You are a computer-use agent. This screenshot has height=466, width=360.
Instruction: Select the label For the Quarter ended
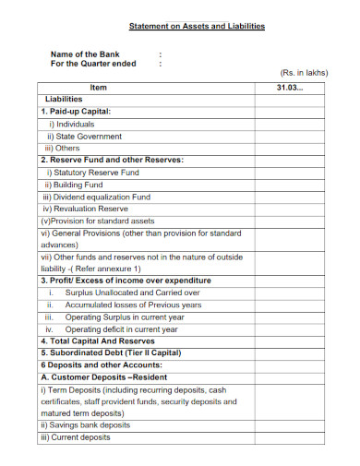[x=92, y=65]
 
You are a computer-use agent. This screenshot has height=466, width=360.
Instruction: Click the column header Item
[x=99, y=87]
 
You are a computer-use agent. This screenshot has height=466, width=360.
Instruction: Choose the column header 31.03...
[x=289, y=87]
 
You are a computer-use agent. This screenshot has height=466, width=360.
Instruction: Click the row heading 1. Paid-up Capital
[x=76, y=111]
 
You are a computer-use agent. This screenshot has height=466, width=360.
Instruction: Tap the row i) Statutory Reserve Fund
[x=93, y=173]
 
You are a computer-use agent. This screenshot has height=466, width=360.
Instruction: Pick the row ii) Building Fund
[x=79, y=185]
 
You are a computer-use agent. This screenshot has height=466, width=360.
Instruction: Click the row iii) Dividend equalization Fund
[x=96, y=197]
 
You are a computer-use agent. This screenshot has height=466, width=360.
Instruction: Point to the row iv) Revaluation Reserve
[x=86, y=209]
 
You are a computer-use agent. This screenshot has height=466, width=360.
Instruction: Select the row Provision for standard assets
[x=98, y=221]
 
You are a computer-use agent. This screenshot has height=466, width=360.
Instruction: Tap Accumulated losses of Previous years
[x=133, y=305]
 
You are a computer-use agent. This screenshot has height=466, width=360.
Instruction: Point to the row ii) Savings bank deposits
[x=85, y=425]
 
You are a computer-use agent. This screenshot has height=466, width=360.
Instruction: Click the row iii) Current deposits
[x=76, y=437]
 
